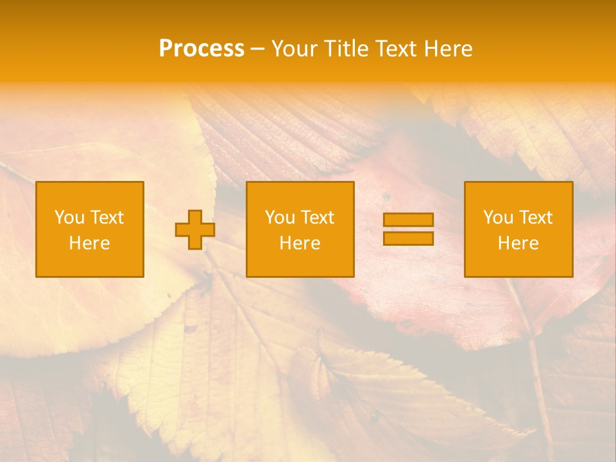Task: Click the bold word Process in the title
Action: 201,49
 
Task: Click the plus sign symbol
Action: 195,230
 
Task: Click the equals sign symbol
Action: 408,229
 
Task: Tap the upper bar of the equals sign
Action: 408,220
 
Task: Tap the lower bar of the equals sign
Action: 408,238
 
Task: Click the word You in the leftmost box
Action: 69,218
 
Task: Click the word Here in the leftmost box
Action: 90,243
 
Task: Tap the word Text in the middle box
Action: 317,218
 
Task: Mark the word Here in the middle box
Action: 300,243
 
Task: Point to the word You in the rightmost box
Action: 498,218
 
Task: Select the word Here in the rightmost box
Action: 518,243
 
